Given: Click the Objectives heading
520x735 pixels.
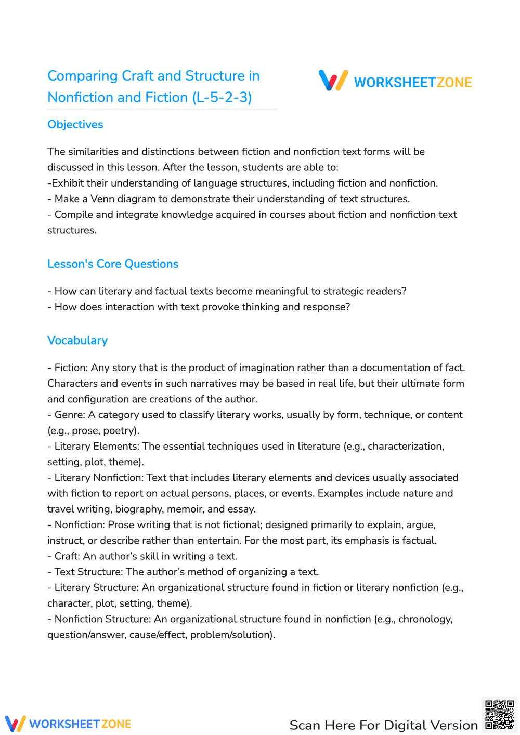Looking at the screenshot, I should tap(75, 125).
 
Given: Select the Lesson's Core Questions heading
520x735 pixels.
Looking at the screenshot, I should tap(113, 264).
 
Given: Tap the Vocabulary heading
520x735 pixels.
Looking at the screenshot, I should tap(77, 340).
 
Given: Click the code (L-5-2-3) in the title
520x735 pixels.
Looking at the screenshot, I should tap(222, 98).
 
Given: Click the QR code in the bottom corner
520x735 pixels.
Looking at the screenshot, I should tap(499, 715).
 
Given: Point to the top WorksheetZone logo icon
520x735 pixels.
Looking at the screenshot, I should tap(333, 81).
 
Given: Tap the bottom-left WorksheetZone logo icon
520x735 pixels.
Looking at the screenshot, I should tap(15, 724).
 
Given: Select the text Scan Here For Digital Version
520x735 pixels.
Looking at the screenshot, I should tap(383, 725).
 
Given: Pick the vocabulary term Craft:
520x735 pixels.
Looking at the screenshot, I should tap(67, 556).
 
